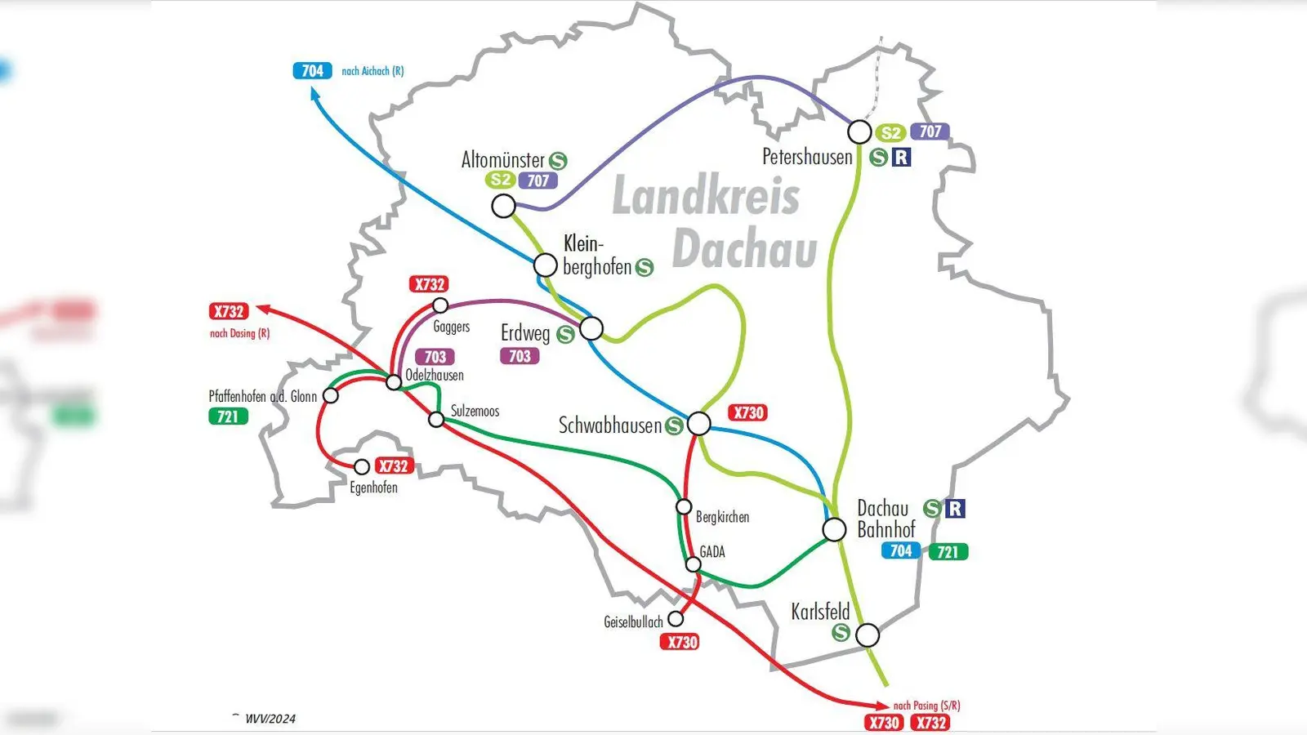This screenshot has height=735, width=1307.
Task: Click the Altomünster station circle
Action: pos(504,206)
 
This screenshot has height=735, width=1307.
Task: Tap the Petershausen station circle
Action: pos(859,131)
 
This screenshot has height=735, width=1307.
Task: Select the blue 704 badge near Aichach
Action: pos(312,71)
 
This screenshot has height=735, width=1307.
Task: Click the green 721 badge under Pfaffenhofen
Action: pos(228,416)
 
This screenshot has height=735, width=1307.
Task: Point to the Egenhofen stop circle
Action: pos(362,467)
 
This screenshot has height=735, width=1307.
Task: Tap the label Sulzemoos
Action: pos(475,411)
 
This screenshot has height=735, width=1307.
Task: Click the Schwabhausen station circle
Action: pos(699,423)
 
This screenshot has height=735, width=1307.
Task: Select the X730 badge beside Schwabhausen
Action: pos(747,412)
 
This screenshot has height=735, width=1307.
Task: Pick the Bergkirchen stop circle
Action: pos(684,507)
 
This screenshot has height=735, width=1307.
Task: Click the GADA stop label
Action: pos(712,552)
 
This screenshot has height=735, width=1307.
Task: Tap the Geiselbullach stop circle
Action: pos(676,619)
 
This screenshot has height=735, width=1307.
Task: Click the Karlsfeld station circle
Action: pos(868,635)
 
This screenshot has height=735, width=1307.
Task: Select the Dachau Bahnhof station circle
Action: pos(834,529)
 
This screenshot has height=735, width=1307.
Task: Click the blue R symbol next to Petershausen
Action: pos(901,157)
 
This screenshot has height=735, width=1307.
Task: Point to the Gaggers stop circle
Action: pos(440,305)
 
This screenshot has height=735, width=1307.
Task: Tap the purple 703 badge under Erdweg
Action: pos(520,356)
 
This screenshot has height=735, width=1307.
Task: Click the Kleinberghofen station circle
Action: pos(546,265)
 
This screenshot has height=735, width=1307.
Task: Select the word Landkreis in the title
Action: pos(706,197)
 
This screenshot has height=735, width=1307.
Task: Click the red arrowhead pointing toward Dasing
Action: pos(263,309)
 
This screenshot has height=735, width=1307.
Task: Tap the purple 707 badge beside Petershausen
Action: pos(930,131)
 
